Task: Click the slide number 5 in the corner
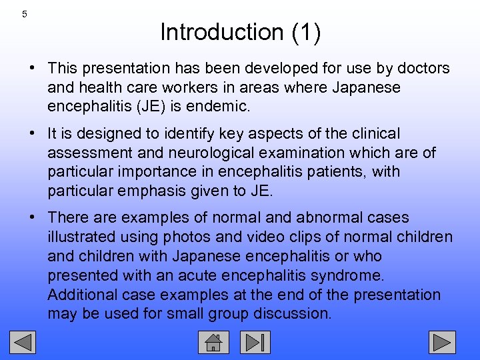pyautogui.click(x=25, y=14)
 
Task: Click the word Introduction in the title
pyautogui.click(x=212, y=32)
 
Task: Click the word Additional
pyautogui.click(x=80, y=295)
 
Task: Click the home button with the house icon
pyautogui.click(x=213, y=342)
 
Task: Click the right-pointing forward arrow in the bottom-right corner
pyautogui.click(x=441, y=342)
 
